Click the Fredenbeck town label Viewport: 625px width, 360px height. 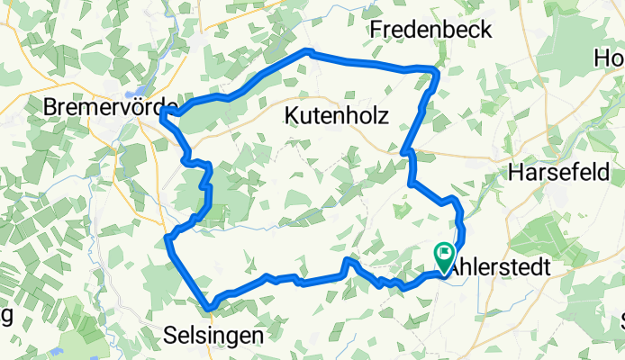click(x=431, y=30)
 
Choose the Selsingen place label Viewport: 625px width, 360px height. click(x=214, y=335)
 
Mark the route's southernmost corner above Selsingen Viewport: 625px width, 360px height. click(x=209, y=309)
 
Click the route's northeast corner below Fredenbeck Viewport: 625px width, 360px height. click(x=437, y=68)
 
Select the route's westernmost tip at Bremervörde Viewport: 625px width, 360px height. click(x=162, y=113)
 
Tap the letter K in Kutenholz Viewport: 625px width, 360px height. click(x=291, y=115)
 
